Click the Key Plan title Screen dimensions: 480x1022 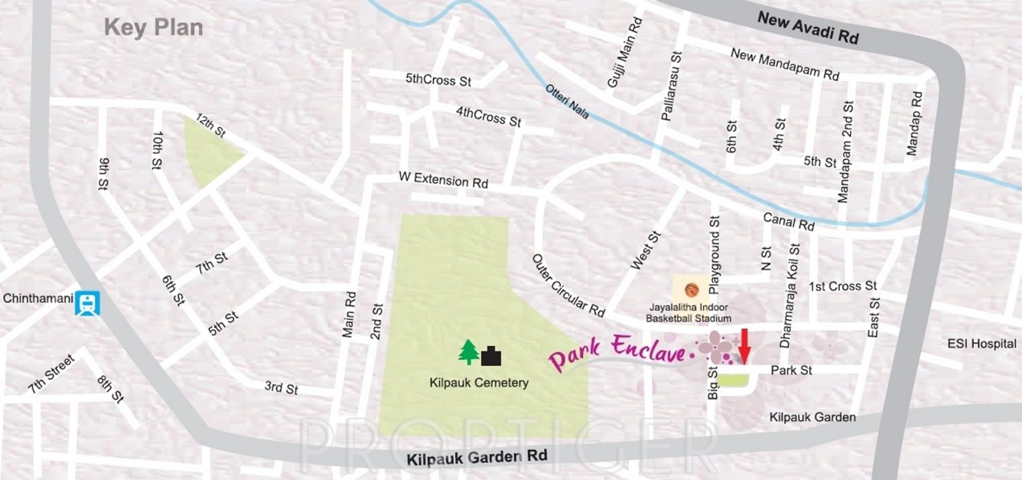154,28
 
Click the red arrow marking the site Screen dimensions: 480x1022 744,345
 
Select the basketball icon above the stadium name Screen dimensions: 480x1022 692,290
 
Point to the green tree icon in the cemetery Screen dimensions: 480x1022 468,352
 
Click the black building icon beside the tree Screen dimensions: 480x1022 492,355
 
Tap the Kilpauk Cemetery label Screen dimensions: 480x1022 479,383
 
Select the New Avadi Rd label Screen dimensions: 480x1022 808,28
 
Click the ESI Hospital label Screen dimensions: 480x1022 981,344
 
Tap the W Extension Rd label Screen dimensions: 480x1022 444,181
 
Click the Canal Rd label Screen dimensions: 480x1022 789,222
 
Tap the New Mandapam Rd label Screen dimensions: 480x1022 785,64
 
